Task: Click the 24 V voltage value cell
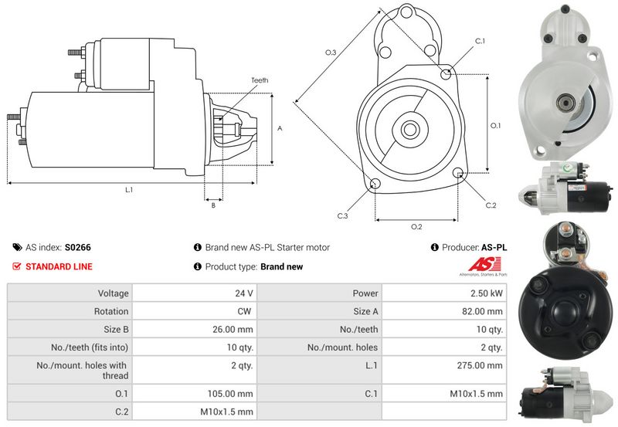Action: (x=245, y=293)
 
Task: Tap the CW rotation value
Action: (x=246, y=311)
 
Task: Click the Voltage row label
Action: (x=113, y=293)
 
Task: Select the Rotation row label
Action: (x=112, y=311)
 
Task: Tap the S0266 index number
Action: (x=78, y=248)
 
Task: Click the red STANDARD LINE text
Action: (x=59, y=267)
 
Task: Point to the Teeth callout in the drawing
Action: (x=260, y=80)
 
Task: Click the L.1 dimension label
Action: (x=129, y=190)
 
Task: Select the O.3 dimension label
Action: (x=330, y=53)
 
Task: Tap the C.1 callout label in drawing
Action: (x=479, y=40)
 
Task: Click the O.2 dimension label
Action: (x=416, y=227)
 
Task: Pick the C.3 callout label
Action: (x=342, y=215)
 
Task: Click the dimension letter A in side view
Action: (x=280, y=129)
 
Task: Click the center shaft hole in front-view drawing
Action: (x=409, y=129)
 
